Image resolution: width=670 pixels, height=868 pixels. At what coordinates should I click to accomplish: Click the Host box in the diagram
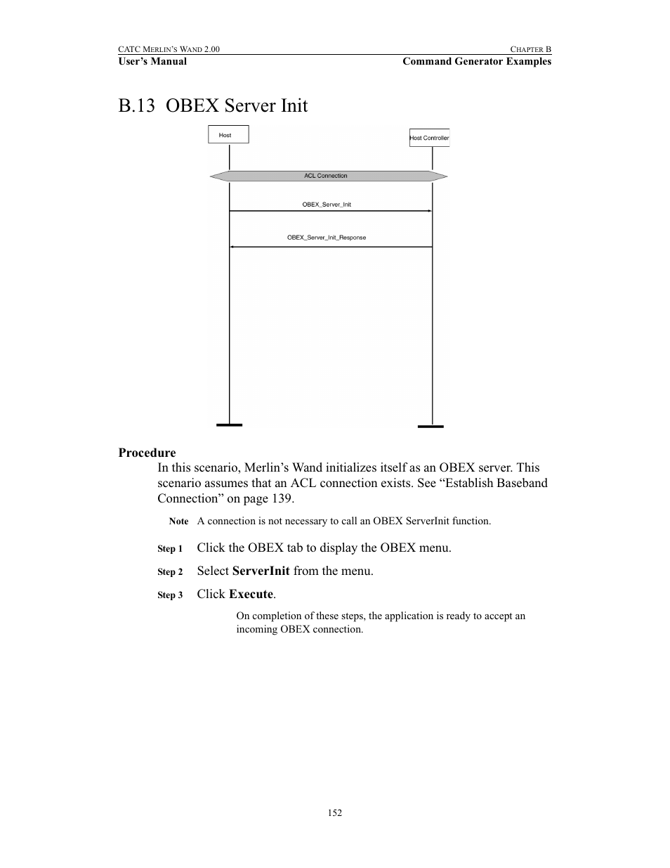pyautogui.click(x=228, y=134)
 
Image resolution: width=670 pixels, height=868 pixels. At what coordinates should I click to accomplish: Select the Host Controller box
pyautogui.click(x=429, y=138)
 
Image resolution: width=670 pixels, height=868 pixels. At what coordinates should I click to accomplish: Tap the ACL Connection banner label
pyautogui.click(x=326, y=176)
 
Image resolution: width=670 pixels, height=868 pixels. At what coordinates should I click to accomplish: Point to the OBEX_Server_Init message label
pyautogui.click(x=327, y=205)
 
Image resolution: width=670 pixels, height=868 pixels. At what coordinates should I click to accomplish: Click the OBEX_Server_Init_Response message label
pyautogui.click(x=327, y=238)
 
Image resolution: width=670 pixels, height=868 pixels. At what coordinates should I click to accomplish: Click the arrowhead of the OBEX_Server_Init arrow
pyautogui.click(x=429, y=211)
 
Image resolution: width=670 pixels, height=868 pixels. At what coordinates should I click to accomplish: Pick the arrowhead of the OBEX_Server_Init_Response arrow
pyautogui.click(x=232, y=247)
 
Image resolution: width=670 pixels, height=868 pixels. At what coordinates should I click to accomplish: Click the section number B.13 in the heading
pyautogui.click(x=136, y=106)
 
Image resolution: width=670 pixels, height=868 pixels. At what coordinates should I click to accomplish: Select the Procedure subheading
pyautogui.click(x=147, y=453)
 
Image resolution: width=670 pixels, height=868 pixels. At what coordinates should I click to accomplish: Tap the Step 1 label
pyautogui.click(x=170, y=549)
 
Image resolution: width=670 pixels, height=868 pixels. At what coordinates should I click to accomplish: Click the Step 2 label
pyautogui.click(x=170, y=572)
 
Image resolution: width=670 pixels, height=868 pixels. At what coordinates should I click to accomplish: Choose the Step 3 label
pyautogui.click(x=170, y=595)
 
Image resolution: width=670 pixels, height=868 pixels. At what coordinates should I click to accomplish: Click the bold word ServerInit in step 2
pyautogui.click(x=261, y=571)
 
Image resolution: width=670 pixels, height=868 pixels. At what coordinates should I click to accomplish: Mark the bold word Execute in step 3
pyautogui.click(x=251, y=594)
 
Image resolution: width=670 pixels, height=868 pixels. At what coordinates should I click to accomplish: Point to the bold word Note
pyautogui.click(x=178, y=522)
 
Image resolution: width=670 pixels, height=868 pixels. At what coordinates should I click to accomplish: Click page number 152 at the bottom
pyautogui.click(x=335, y=812)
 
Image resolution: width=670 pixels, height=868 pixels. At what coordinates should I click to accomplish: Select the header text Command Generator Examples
pyautogui.click(x=477, y=61)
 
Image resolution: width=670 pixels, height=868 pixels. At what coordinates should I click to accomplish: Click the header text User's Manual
pyautogui.click(x=152, y=61)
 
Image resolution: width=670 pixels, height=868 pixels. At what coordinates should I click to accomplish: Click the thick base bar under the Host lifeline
pyautogui.click(x=229, y=425)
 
